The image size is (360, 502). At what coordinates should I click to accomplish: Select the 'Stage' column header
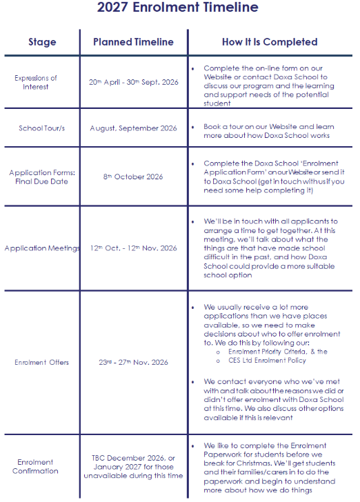tap(42, 42)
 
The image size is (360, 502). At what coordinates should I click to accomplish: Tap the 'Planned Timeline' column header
tap(133, 42)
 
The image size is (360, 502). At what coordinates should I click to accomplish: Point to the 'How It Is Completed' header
tap(270, 42)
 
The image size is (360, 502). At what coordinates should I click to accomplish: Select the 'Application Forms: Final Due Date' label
tap(42, 177)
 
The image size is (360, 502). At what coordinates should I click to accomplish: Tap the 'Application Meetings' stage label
tap(42, 248)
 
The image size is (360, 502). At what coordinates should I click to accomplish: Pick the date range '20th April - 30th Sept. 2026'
tap(133, 83)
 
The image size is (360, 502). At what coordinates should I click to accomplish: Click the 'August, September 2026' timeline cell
tap(133, 128)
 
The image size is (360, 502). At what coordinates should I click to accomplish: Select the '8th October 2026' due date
tap(133, 177)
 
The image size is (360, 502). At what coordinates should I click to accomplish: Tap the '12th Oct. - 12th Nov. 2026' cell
tap(133, 248)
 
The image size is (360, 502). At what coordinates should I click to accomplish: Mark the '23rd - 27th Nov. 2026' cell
tap(133, 362)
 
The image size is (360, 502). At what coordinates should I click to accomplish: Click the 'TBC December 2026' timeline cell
tap(133, 457)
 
